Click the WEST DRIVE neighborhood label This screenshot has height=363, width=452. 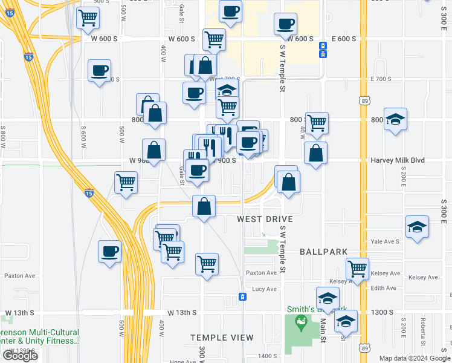(265, 219)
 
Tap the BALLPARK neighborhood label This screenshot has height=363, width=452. (324, 252)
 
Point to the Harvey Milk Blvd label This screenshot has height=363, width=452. (398, 160)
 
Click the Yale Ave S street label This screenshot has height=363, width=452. (386, 241)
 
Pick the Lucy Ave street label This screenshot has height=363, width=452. (264, 289)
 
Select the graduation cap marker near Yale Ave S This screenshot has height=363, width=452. (417, 227)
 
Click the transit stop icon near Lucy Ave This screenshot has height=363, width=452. (242, 296)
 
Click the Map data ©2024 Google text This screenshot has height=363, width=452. (414, 358)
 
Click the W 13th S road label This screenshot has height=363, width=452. (181, 312)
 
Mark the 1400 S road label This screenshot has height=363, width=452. (266, 356)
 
